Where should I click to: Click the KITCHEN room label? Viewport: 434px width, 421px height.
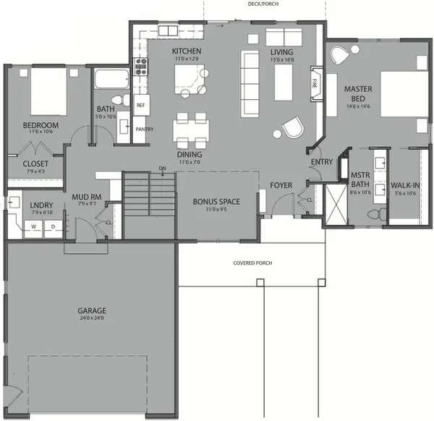pos(186,51)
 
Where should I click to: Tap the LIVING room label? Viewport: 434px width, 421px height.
pos(281,52)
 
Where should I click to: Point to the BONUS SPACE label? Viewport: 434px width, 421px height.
pos(216,201)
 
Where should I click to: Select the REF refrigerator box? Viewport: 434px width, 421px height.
pos(141,105)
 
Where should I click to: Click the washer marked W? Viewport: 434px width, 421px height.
pos(33,226)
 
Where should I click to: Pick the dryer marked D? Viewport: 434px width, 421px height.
pos(52,226)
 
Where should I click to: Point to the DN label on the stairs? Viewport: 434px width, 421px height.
pos(163,169)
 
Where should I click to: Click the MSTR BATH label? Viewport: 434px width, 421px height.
pos(360,179)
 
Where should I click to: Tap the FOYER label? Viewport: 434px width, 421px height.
pos(281,185)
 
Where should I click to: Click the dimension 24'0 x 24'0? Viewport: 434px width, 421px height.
pos(92,318)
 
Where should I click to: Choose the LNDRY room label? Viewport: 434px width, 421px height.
pos(38,205)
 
